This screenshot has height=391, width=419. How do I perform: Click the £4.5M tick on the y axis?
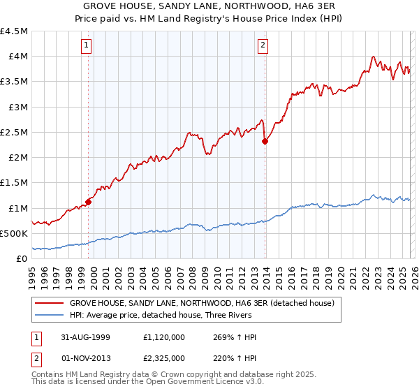tap(14, 31)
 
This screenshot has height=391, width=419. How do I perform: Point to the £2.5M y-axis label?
tap(14, 132)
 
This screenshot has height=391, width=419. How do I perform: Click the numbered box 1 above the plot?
tap(87, 46)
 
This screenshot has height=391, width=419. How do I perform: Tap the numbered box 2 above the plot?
tap(263, 46)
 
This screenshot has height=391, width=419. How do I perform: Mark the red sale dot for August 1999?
tap(89, 202)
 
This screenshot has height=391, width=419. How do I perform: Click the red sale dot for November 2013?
tap(265, 141)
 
